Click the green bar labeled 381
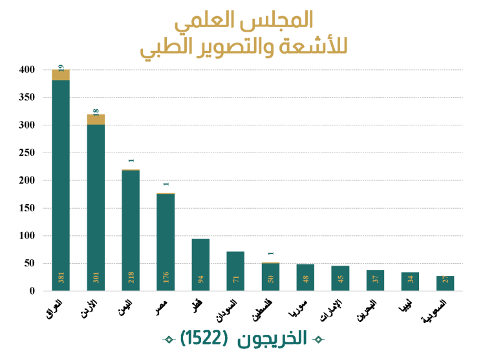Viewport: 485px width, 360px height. click(61, 185)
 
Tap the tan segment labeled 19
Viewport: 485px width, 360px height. click(61, 74)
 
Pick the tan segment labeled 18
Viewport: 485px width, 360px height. click(96, 120)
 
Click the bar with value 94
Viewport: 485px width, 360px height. click(200, 265)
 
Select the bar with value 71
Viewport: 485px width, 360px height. click(235, 271)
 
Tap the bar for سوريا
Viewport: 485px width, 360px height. click(305, 278)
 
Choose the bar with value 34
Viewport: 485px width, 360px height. click(410, 282)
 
